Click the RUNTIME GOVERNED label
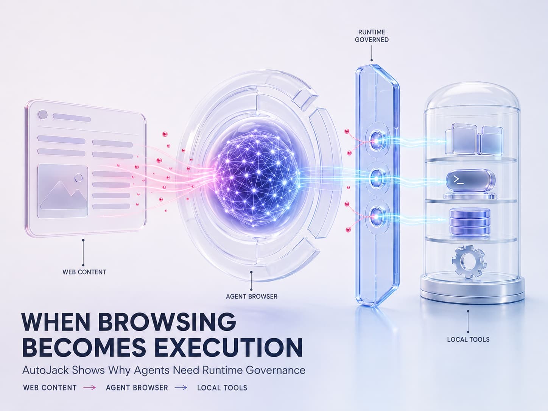tap(372, 36)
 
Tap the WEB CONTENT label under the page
tap(84, 272)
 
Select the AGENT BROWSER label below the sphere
tap(251, 296)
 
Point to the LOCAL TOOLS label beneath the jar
tap(468, 339)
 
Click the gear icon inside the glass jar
tap(469, 262)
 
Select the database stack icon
tap(470, 222)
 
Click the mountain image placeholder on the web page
tap(62, 191)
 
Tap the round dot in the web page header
tap(43, 115)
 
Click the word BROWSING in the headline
tap(167, 321)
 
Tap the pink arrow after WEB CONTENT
tap(90, 388)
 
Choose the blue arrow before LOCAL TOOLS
tap(181, 388)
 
